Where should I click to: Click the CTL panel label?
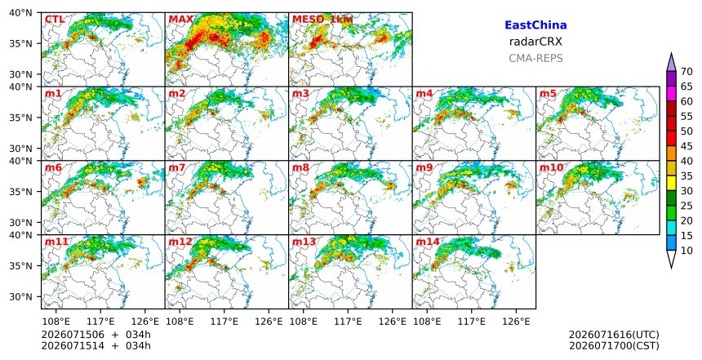coord(55,20)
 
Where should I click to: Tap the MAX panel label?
coord(181,20)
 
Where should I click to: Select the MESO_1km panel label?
coord(322,20)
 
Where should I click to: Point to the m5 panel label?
coord(548,94)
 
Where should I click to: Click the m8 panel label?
coord(300,168)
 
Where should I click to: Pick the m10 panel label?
coord(551,168)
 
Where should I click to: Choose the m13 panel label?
coord(304,242)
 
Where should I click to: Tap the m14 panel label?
coord(428,242)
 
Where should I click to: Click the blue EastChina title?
coord(535,25)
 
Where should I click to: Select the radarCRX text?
coord(535,42)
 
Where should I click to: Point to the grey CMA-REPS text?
coord(535,58)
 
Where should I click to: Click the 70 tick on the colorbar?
coord(686,72)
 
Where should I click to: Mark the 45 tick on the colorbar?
coord(686,146)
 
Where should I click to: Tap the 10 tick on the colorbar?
coord(686,251)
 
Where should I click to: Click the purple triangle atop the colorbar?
coord(671,62)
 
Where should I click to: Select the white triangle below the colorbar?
coord(671,259)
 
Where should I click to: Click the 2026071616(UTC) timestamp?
coord(614,335)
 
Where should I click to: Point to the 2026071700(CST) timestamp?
coord(614,345)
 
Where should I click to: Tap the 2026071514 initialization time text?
coord(73,345)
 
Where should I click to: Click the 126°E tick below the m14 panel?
coord(516,322)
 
